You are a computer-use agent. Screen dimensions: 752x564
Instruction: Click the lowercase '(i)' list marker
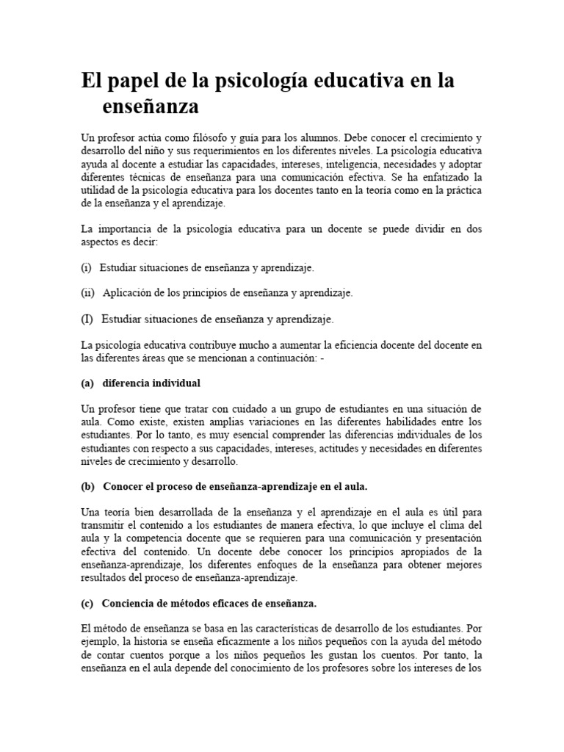[87, 268]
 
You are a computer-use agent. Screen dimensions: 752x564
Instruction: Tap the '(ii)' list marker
[88, 293]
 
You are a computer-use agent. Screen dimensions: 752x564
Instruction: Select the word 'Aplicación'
[127, 293]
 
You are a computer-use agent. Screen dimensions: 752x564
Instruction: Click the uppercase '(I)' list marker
[87, 319]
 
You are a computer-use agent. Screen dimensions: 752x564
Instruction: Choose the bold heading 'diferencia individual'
[151, 383]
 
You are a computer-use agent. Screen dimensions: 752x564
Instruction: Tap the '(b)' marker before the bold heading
[87, 486]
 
